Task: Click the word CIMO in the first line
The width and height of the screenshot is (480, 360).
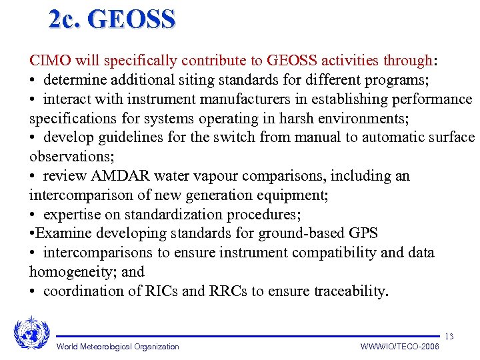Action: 50,61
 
